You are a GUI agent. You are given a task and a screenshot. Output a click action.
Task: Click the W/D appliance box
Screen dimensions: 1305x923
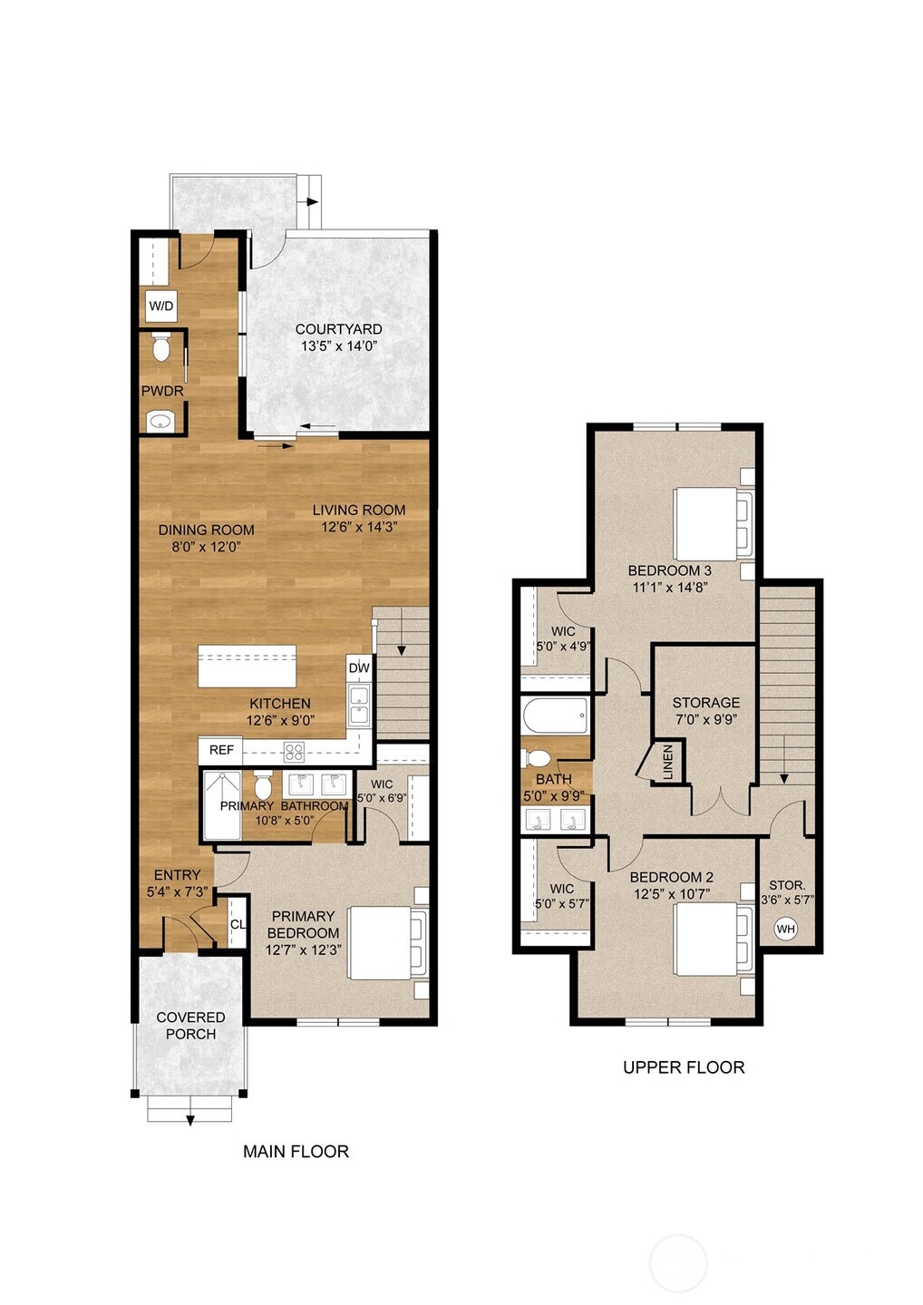pos(160,307)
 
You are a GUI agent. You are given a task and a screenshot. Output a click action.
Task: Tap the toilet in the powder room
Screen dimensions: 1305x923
pos(161,348)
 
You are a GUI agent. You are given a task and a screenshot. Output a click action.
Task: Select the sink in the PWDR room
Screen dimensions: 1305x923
pos(160,421)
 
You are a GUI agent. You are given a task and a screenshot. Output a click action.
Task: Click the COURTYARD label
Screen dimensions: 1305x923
pos(338,337)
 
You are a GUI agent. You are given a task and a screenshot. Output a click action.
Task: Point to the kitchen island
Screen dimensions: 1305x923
pos(248,667)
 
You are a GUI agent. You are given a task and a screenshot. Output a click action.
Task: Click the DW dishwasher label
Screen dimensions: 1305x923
pos(359,668)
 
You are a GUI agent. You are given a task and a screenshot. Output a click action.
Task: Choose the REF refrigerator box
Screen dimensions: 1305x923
pos(220,750)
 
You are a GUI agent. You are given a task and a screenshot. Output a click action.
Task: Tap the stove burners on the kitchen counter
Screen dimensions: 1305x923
pos(294,751)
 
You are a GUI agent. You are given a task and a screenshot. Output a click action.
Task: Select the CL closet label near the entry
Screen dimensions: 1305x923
pos(238,925)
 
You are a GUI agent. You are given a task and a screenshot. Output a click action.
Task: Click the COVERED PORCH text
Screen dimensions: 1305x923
pos(190,1026)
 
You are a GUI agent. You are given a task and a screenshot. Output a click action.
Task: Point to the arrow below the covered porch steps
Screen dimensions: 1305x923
pos(190,1120)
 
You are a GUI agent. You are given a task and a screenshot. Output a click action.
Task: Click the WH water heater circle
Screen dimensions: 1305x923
pos(785,930)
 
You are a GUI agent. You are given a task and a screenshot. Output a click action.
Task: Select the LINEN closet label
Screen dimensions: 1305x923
pos(668,762)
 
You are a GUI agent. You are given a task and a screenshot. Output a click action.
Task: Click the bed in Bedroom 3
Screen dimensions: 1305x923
pos(713,524)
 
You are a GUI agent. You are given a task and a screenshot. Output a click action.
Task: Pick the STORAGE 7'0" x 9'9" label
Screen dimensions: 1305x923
pos(705,710)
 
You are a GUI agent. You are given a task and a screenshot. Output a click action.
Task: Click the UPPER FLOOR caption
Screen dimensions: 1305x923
pos(684,1067)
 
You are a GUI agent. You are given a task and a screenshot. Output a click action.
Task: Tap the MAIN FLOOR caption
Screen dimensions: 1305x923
pos(296,1152)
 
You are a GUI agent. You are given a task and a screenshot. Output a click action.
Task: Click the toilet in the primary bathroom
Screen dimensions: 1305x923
pos(263,785)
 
